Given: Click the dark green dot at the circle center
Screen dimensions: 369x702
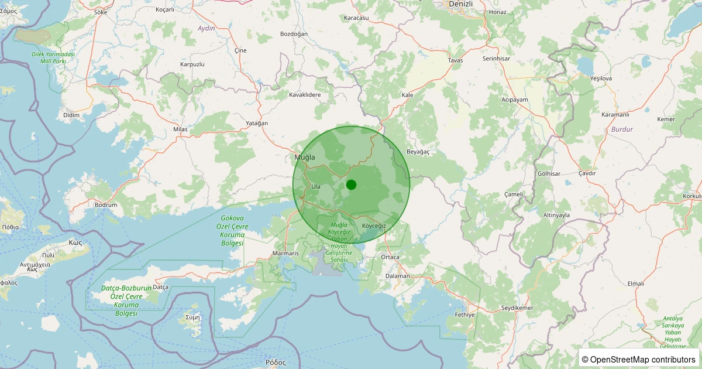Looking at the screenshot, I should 351,184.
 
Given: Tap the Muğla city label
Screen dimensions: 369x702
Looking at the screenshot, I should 304,158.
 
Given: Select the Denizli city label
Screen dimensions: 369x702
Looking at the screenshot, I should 460,4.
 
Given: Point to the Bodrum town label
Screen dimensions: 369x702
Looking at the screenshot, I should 106,205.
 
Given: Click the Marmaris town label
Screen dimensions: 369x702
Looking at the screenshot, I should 285,254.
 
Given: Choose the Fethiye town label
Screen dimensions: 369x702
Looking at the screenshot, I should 464,315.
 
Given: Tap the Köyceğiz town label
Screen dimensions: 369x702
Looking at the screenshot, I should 374,226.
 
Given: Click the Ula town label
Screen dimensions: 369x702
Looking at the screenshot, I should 316,186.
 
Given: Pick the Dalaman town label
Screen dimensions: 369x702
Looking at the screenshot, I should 398,276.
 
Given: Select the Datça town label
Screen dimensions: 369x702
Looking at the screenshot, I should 160,287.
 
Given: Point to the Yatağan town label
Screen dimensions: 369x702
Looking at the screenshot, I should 257,123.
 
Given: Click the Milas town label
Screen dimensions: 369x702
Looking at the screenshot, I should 180,129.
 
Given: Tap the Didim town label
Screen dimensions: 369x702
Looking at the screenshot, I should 71,115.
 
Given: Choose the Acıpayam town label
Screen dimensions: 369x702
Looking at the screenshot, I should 515,100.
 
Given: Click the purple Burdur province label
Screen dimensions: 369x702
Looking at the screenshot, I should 621,129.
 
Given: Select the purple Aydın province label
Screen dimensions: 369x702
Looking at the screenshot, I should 207,28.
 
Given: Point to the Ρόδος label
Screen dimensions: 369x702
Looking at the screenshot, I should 275,362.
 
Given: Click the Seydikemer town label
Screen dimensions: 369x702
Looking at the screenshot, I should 517,308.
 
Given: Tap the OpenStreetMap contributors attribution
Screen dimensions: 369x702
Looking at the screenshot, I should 639,359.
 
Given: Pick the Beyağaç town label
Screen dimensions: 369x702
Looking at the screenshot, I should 418,152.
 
